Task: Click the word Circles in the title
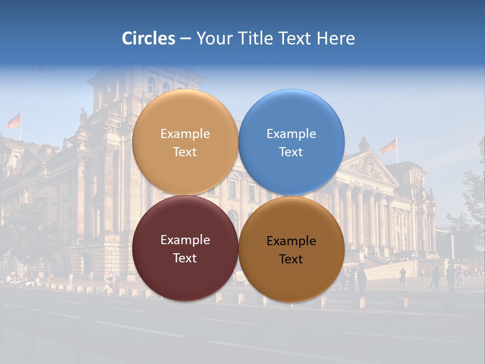pyautogui.click(x=148, y=38)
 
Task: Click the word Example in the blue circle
pyautogui.click(x=292, y=134)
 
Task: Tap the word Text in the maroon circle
pyautogui.click(x=185, y=258)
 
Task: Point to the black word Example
pyautogui.click(x=292, y=241)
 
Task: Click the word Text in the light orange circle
pyautogui.click(x=185, y=152)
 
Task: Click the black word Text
pyautogui.click(x=291, y=259)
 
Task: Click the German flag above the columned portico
pyautogui.click(x=389, y=147)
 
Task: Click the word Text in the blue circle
pyautogui.click(x=291, y=152)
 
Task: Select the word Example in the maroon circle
pyautogui.click(x=185, y=240)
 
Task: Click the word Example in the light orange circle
pyautogui.click(x=185, y=134)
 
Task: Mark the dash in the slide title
pyautogui.click(x=185, y=39)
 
